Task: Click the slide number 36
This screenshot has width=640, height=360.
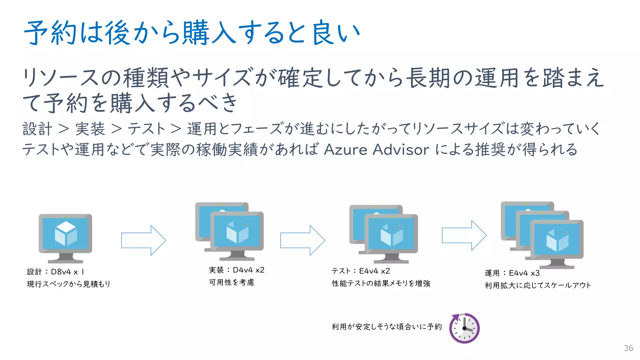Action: (x=628, y=348)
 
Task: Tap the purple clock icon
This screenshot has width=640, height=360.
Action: (x=464, y=328)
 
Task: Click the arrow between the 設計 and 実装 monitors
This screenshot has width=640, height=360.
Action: (x=143, y=240)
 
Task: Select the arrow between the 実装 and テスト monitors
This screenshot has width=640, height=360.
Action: (x=302, y=240)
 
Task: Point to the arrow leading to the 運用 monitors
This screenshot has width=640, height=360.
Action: (x=464, y=235)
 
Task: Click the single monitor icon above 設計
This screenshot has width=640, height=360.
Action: (x=65, y=234)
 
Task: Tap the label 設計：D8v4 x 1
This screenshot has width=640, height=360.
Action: (x=55, y=272)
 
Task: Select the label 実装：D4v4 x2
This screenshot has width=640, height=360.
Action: (x=237, y=270)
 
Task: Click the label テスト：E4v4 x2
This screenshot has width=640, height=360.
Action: (x=361, y=271)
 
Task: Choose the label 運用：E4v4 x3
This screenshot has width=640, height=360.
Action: (x=512, y=273)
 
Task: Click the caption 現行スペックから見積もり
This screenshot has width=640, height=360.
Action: (x=68, y=284)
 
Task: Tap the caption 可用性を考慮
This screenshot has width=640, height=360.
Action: (x=232, y=282)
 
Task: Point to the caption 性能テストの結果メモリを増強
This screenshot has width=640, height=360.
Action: (x=381, y=283)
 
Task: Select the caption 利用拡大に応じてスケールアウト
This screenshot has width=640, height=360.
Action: (x=538, y=285)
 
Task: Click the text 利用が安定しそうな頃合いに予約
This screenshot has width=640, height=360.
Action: (x=387, y=327)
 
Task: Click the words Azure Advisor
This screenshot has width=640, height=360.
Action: (x=377, y=149)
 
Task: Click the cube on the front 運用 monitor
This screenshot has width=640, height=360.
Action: (x=557, y=240)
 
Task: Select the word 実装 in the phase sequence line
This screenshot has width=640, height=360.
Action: (x=90, y=129)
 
